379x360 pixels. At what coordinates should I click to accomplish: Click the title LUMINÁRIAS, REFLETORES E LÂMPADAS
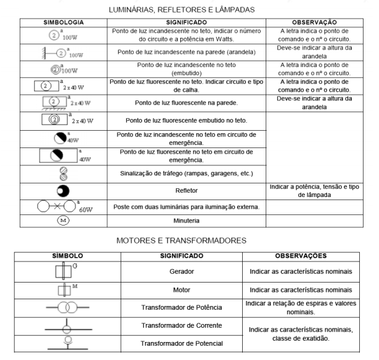tap(189, 9)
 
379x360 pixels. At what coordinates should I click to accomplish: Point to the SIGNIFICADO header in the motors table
tap(189, 255)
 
